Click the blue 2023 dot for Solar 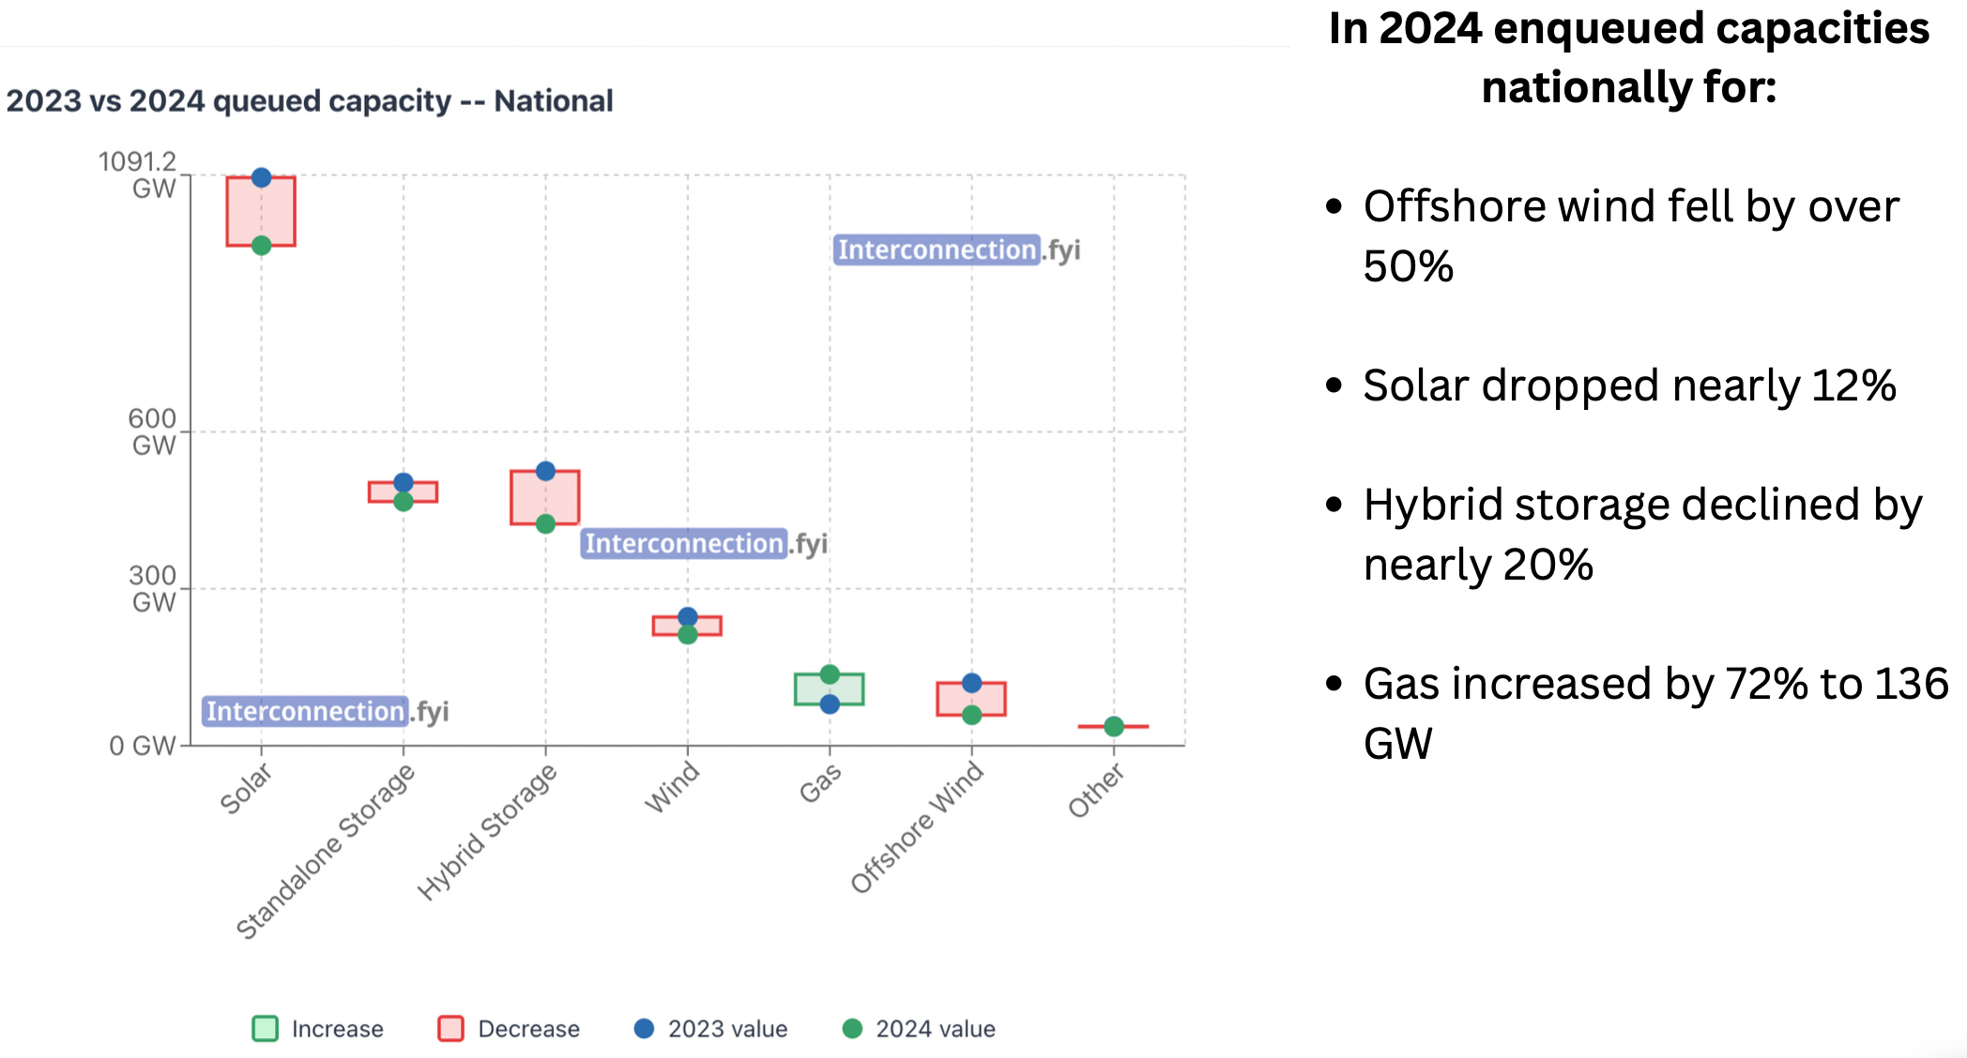tap(262, 177)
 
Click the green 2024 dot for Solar tap(262, 246)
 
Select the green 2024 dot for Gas tap(830, 674)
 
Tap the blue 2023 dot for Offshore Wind tap(972, 683)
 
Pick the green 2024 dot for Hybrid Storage tap(545, 523)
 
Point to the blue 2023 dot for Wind tap(688, 616)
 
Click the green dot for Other tap(1114, 726)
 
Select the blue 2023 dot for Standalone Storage tap(404, 482)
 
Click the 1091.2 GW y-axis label tap(139, 174)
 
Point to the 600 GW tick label tap(153, 431)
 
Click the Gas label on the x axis tap(820, 783)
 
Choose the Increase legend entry tap(318, 1029)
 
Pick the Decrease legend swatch tap(451, 1029)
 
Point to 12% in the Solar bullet tap(1853, 385)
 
